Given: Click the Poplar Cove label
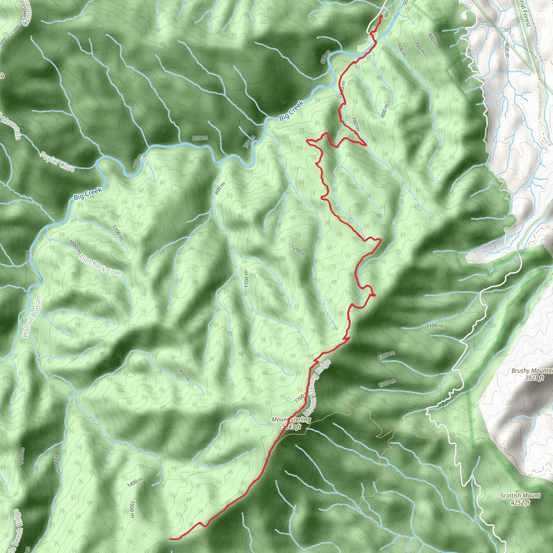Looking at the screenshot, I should point(57,161).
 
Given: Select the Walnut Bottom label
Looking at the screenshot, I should point(32,316).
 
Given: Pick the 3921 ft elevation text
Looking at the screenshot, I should point(534,378).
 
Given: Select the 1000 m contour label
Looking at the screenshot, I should point(75,247).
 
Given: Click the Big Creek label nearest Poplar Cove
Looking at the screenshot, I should point(88,194).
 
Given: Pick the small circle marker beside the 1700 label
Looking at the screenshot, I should point(288,399).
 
